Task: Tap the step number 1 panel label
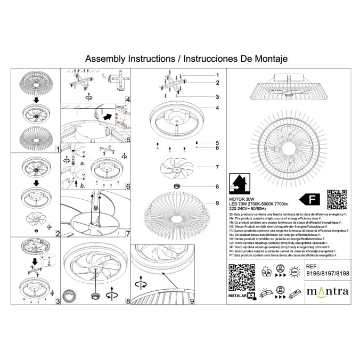coord(57,150)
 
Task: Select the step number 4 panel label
coord(128,99)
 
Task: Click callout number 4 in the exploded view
coord(218,108)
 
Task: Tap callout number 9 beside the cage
coord(218,203)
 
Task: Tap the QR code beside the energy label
coord(334,199)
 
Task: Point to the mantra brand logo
coord(328,291)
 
